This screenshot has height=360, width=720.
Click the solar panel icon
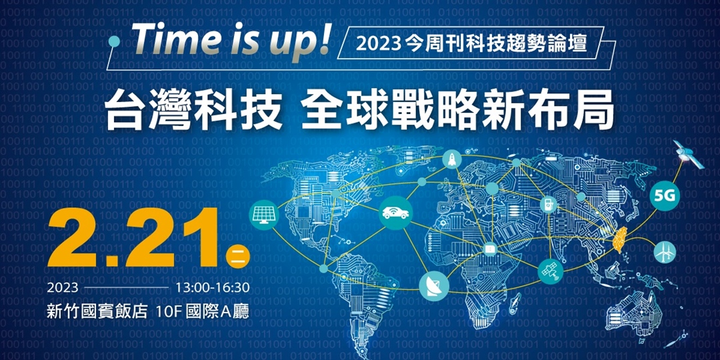pyautogui.click(x=263, y=215)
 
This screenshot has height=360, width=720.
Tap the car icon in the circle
pyautogui.click(x=396, y=213)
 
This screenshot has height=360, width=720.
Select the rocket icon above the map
pyautogui.click(x=452, y=159)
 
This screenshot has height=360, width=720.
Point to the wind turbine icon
pyautogui.click(x=665, y=252)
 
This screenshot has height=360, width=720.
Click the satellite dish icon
pyautogui.click(x=433, y=286)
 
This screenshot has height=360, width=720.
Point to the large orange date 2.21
pyautogui.click(x=133, y=238)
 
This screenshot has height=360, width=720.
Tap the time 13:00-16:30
pyautogui.click(x=212, y=288)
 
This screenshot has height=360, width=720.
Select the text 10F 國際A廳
pyautogui.click(x=203, y=312)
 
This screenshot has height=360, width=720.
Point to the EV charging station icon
pyautogui.click(x=548, y=205)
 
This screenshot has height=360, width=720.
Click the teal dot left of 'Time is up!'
pyautogui.click(x=115, y=42)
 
